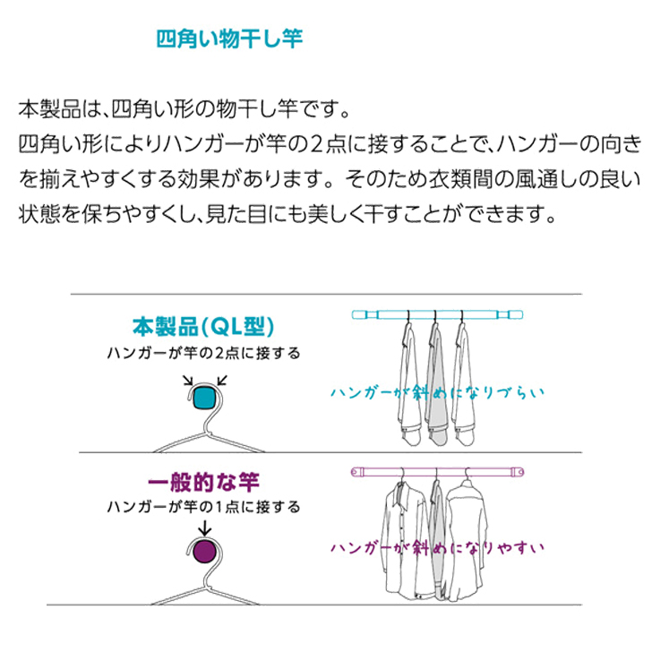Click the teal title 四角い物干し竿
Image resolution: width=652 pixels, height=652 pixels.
pos(229,39)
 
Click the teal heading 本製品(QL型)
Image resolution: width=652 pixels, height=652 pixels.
pos(203,327)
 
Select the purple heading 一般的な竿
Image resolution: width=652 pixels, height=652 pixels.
pos(203,483)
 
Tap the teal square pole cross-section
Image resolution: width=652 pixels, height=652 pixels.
pos(204,398)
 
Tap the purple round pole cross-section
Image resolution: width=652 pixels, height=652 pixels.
pos(204,552)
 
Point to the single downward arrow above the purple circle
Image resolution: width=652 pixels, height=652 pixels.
pos(204,528)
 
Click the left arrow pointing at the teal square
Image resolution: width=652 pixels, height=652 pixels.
pos(188,381)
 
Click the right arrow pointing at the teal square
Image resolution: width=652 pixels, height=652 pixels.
pos(222,381)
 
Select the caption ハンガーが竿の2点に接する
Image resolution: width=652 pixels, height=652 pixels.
pos(203,354)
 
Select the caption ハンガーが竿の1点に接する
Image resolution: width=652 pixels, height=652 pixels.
pos(203,507)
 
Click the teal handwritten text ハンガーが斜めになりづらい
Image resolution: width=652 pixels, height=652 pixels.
pos(437,392)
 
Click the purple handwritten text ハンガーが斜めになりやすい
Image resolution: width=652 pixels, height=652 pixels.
pos(437,547)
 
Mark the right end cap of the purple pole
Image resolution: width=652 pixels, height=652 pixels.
pos(518,472)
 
